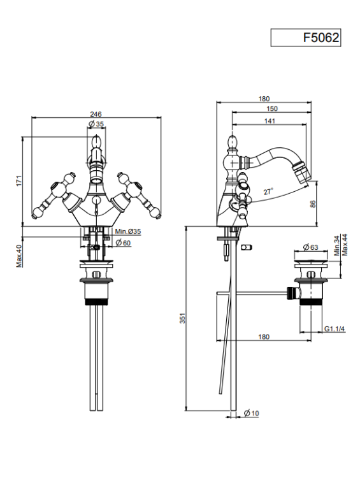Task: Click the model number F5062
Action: click(x=320, y=38)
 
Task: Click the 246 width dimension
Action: click(x=96, y=114)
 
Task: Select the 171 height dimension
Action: click(x=19, y=181)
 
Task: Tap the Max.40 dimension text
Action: click(x=20, y=256)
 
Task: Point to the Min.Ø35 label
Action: click(x=127, y=232)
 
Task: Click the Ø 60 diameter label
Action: click(x=123, y=243)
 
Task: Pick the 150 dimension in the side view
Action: click(x=272, y=108)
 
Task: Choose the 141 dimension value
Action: click(x=270, y=121)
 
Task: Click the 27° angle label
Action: click(x=268, y=192)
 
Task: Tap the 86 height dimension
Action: click(x=313, y=204)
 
